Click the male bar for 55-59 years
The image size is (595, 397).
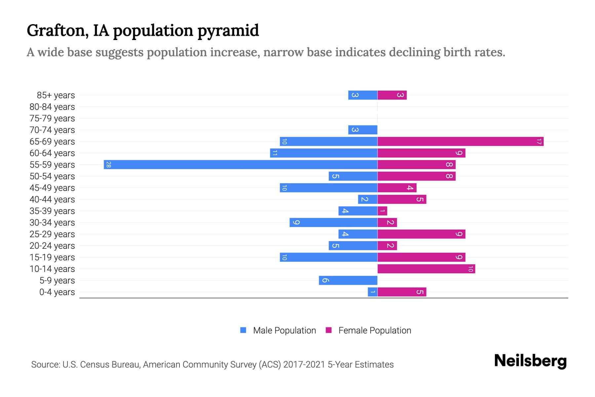tap(240, 165)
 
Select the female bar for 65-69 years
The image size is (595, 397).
tap(460, 142)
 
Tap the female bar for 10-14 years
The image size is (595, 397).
tap(426, 269)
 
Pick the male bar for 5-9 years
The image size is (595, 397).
tap(348, 281)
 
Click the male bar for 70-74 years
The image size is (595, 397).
tap(363, 130)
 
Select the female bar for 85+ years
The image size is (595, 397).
tap(392, 95)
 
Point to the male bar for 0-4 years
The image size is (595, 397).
tap(373, 292)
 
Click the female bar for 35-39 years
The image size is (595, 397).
tap(382, 211)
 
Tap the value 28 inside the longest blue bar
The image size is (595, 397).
tap(108, 165)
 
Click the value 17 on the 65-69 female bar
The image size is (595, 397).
tap(539, 142)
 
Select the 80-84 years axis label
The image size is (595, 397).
tap(52, 107)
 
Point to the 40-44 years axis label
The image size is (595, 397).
tap(52, 199)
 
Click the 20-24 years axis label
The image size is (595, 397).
tap(52, 246)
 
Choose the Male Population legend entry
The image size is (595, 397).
tap(284, 331)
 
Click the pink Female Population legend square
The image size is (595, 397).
tap(329, 330)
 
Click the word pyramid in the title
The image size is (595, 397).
tap(228, 31)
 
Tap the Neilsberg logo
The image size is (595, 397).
tap(530, 361)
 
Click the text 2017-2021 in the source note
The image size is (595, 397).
tap(304, 365)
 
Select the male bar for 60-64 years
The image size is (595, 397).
tap(324, 153)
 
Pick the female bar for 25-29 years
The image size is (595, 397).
tap(421, 234)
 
